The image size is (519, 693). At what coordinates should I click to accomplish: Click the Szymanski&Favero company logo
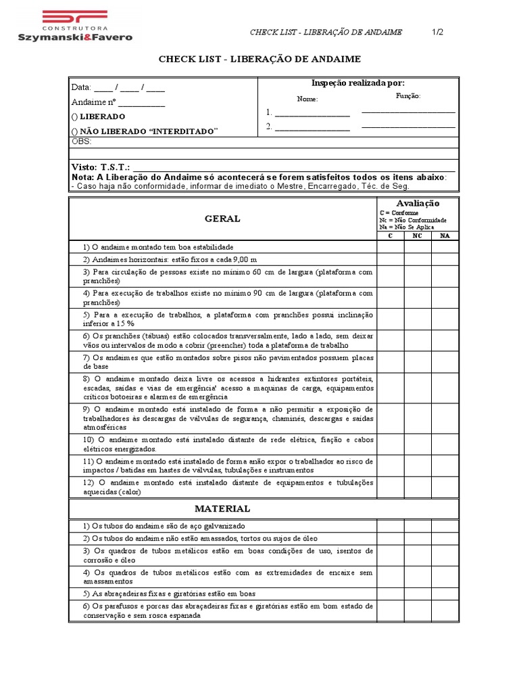[x=74, y=26]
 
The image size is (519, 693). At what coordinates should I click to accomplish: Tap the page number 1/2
[x=438, y=32]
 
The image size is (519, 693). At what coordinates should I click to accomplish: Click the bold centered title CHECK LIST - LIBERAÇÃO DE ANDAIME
[x=259, y=60]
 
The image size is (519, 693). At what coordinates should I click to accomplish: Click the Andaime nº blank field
[x=141, y=103]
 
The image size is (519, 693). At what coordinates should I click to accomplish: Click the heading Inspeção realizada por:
[x=357, y=83]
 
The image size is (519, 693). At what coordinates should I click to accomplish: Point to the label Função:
[x=407, y=97]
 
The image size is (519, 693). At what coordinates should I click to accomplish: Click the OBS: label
[x=81, y=141]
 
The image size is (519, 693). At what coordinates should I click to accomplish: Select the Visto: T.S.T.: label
[x=101, y=166]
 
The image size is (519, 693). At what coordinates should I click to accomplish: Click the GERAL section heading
[x=222, y=219]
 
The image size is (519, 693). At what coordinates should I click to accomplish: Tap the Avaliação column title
[x=417, y=203]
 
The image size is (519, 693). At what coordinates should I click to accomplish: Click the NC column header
[x=417, y=236]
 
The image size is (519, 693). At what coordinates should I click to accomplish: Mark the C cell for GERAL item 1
[x=390, y=247]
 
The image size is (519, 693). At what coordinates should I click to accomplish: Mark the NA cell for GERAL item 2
[x=444, y=259]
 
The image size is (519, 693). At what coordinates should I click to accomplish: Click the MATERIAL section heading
[x=222, y=508]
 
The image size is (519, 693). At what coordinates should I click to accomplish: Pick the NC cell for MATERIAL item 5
[x=417, y=594]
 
